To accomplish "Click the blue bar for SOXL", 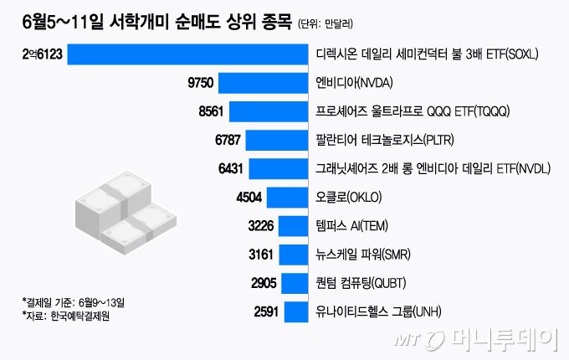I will point(187,54).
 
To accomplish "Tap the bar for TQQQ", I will point(268,111).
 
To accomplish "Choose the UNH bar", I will point(295,312).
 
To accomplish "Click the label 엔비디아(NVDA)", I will point(355,83).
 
